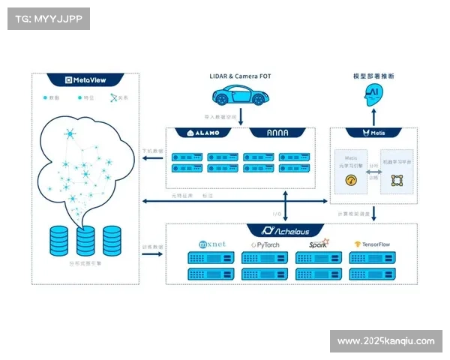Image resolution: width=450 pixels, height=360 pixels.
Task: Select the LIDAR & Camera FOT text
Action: tap(239, 76)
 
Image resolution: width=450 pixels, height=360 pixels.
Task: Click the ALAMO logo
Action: tap(202, 133)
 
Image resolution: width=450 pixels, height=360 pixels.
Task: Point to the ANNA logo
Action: tap(277, 133)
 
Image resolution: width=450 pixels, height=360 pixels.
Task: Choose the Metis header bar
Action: tap(373, 133)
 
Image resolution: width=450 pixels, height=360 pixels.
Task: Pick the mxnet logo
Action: tap(211, 244)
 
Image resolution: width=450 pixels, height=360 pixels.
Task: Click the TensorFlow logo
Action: tap(373, 244)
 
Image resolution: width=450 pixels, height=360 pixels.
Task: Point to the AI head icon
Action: tap(373, 93)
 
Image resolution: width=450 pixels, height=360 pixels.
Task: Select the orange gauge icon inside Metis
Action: tap(349, 180)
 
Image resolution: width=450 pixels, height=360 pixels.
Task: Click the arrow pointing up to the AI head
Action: tap(373, 116)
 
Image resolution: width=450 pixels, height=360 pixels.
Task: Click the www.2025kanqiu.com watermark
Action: tap(385, 341)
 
